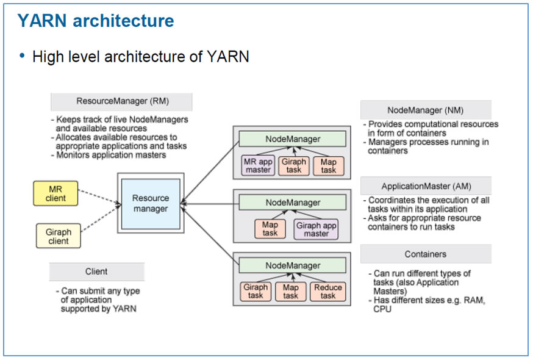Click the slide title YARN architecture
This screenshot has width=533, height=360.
[96, 21]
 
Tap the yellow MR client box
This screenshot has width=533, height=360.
[55, 193]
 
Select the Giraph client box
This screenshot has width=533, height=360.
[59, 236]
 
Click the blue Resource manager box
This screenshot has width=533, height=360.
[151, 204]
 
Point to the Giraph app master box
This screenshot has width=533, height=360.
[316, 229]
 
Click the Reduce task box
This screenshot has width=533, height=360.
[328, 292]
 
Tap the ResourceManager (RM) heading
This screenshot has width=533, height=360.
[121, 101]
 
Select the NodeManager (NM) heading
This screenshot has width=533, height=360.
[425, 110]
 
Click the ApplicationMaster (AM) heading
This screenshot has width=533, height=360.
[426, 186]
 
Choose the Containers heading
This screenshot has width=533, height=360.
[425, 254]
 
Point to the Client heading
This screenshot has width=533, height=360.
[96, 272]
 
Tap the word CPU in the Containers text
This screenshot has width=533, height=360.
[382, 309]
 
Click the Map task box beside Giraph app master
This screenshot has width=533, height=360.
[270, 229]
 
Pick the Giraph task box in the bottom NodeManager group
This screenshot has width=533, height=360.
[256, 292]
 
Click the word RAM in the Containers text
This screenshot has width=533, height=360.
[473, 301]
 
